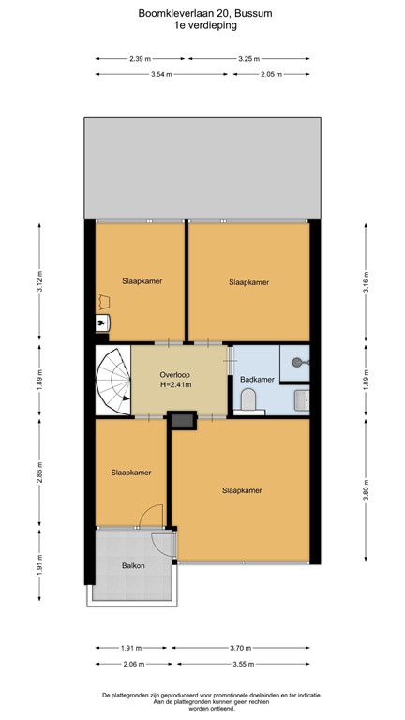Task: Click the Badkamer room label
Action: tap(257, 380)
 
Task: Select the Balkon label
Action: tap(133, 565)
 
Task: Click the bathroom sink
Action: tap(302, 400)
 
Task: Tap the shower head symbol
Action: tap(299, 363)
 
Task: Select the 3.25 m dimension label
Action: tap(249, 59)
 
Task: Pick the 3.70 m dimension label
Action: tap(241, 648)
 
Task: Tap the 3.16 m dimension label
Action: tap(366, 281)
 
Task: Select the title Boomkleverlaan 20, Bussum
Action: tap(205, 14)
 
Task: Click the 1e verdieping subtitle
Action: tap(205, 25)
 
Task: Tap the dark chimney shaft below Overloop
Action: tap(182, 420)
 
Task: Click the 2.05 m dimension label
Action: tap(271, 74)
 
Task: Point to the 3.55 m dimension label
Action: tap(241, 664)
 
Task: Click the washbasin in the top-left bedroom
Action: tap(102, 322)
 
